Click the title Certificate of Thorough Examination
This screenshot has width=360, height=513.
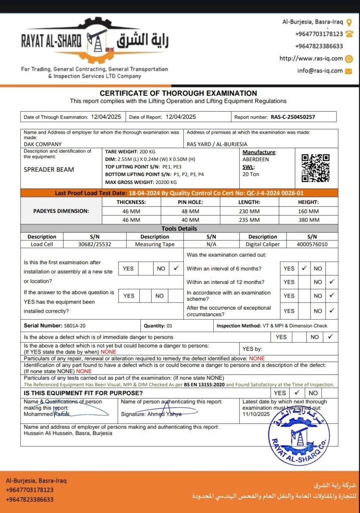click(178, 93)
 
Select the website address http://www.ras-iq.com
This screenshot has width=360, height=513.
click(311, 59)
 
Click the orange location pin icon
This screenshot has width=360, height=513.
click(349, 22)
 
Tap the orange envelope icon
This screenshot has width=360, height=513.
click(348, 71)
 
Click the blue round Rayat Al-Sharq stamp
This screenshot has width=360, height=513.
click(299, 435)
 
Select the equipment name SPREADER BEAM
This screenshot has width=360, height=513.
click(49, 169)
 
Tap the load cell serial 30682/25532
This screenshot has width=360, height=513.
click(95, 244)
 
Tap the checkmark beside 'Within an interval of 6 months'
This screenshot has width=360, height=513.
click(303, 269)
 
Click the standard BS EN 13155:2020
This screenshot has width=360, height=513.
click(203, 384)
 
